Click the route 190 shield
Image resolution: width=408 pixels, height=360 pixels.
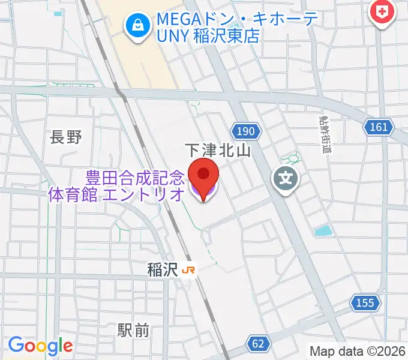[x=244, y=131]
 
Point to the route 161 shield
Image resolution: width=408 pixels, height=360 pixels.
[x=379, y=127]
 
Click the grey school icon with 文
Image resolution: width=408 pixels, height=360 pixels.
[x=287, y=178]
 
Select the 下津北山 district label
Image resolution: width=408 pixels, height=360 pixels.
[x=217, y=150]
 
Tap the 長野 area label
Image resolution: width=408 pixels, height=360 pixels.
[x=65, y=137]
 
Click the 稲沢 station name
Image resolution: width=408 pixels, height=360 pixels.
[x=162, y=270]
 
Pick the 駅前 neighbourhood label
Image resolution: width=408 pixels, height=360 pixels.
[x=133, y=329]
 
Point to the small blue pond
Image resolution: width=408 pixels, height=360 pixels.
[x=322, y=230]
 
